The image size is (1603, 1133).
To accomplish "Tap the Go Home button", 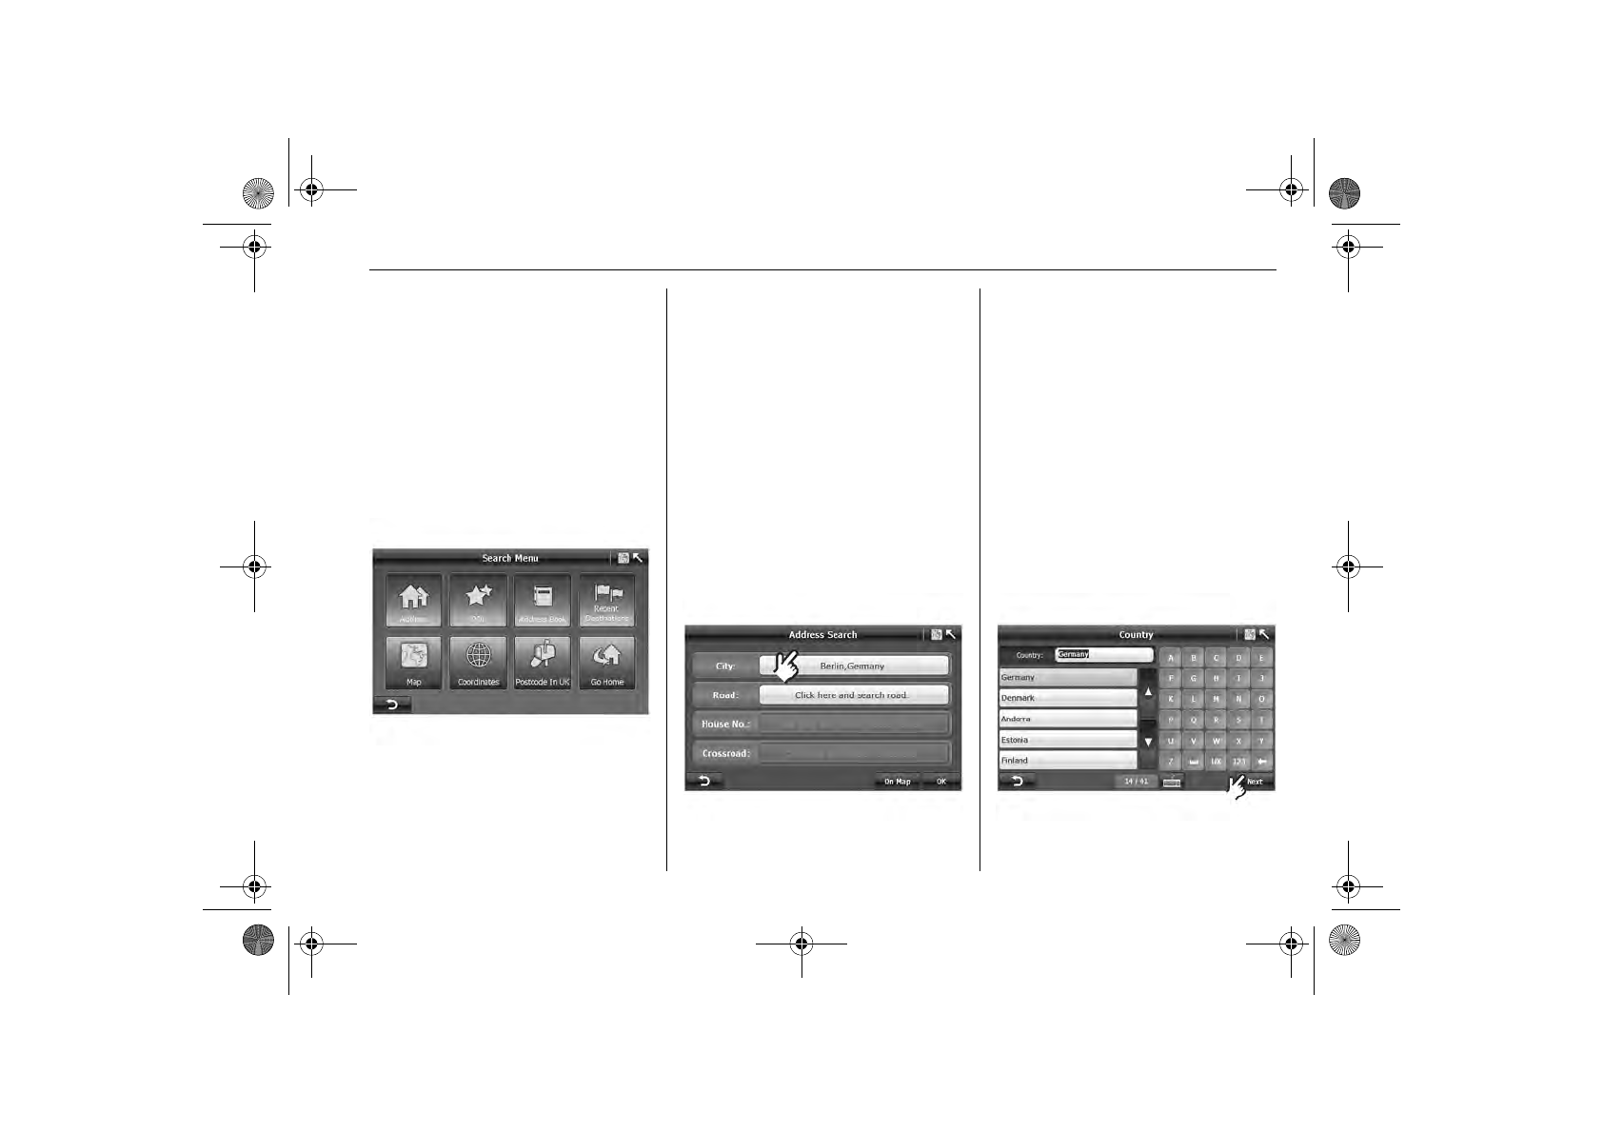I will (606, 663).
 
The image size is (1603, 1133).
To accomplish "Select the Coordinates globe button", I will (478, 663).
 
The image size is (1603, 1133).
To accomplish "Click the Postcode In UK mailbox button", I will (543, 663).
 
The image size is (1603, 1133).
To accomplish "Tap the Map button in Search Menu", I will (414, 663).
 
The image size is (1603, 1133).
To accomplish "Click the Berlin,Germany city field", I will (854, 666).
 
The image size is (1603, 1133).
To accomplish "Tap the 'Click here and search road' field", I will (854, 695).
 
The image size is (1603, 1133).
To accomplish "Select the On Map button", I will (897, 782).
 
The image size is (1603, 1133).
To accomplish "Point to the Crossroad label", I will (725, 753).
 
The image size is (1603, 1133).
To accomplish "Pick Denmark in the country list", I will (1067, 698).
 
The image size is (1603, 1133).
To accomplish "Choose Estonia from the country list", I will (1067, 740).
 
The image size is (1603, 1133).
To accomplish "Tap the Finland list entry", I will (1067, 761).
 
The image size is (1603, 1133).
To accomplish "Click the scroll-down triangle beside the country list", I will (1148, 742).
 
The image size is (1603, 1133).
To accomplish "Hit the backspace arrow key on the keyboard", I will (1262, 762).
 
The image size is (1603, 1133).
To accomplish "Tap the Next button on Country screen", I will (1255, 782).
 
